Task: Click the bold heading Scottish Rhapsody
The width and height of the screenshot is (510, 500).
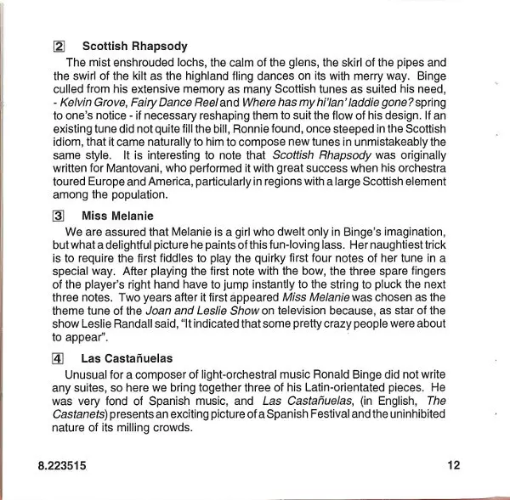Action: pyautogui.click(x=134, y=47)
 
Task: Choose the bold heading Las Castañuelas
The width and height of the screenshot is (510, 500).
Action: pyautogui.click(x=127, y=359)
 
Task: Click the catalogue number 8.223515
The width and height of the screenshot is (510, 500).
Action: pyautogui.click(x=61, y=466)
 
